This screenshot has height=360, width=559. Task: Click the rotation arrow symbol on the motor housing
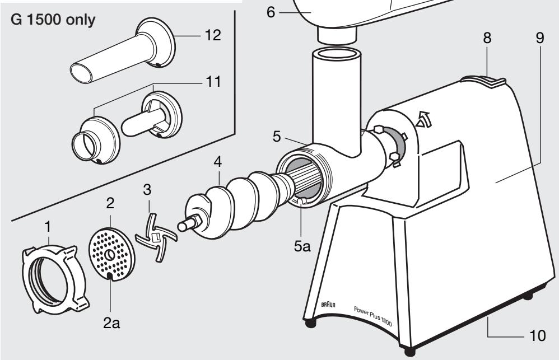[427, 118]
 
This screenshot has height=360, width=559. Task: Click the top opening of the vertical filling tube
[336, 55]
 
